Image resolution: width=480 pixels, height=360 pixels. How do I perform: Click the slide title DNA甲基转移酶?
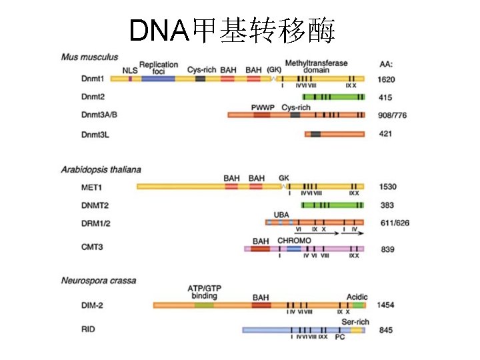click(x=232, y=30)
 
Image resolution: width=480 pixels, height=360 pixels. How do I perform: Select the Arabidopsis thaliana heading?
click(x=101, y=170)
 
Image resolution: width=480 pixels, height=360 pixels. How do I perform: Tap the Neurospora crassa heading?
click(x=99, y=281)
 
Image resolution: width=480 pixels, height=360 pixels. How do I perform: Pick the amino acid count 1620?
click(x=387, y=79)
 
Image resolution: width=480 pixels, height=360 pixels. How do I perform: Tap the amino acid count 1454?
click(x=387, y=305)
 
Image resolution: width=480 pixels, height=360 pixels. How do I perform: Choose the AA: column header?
click(x=386, y=64)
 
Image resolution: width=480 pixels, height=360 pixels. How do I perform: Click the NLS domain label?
click(x=130, y=70)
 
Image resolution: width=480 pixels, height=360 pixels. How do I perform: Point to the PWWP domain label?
click(x=263, y=107)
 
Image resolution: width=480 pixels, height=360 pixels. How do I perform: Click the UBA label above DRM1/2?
click(x=281, y=215)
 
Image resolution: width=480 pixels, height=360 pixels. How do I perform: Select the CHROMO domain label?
click(x=294, y=240)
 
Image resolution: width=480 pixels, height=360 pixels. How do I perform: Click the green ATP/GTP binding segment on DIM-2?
click(x=205, y=305)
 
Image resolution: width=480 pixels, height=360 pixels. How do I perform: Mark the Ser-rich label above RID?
click(x=355, y=321)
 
